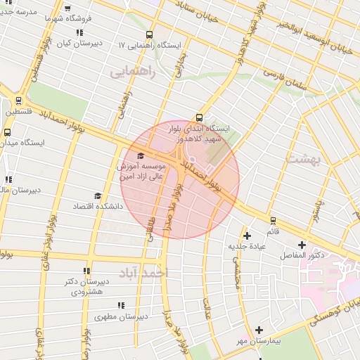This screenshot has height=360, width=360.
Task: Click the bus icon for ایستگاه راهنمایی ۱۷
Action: point(149,34)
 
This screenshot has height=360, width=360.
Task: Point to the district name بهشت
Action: point(304,160)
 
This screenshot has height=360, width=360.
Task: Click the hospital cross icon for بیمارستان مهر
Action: point(259,329)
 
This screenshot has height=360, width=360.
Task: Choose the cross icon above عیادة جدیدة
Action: point(246,236)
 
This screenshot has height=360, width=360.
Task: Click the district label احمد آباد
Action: point(143,271)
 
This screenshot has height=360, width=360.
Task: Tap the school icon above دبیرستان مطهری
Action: point(120,305)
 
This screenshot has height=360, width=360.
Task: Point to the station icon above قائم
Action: point(272,220)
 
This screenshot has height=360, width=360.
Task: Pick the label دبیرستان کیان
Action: point(79,43)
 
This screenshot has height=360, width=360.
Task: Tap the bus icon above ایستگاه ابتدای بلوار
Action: point(199,118)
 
